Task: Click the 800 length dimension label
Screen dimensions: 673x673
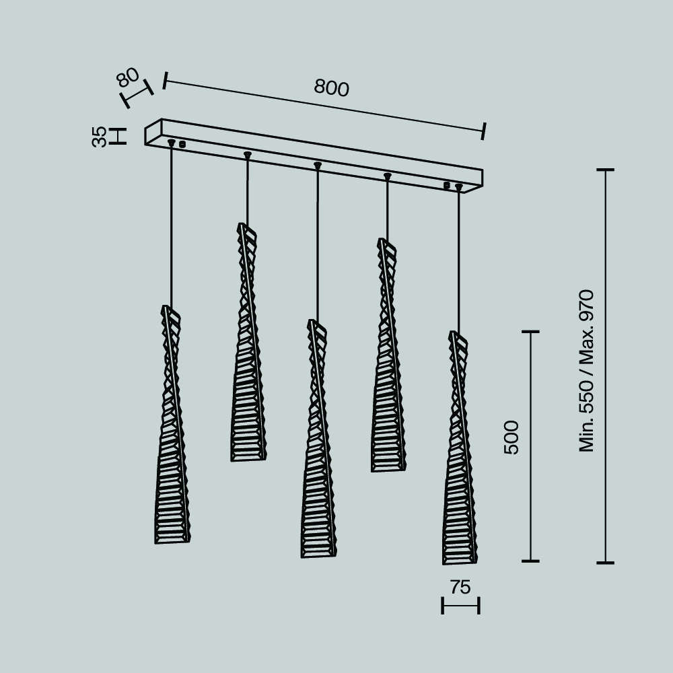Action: (x=331, y=87)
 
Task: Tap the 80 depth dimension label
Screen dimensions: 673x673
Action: (x=128, y=77)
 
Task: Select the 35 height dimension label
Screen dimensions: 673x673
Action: (x=99, y=137)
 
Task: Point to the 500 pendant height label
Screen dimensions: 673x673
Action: (x=511, y=437)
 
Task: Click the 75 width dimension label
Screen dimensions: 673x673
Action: (x=460, y=587)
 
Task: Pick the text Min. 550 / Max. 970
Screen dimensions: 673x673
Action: (x=586, y=371)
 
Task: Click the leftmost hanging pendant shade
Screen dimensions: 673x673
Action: (x=172, y=425)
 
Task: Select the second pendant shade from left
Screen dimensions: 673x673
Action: (x=248, y=342)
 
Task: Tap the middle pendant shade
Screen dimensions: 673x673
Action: (x=318, y=439)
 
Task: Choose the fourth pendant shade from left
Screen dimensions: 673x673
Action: (x=388, y=355)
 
